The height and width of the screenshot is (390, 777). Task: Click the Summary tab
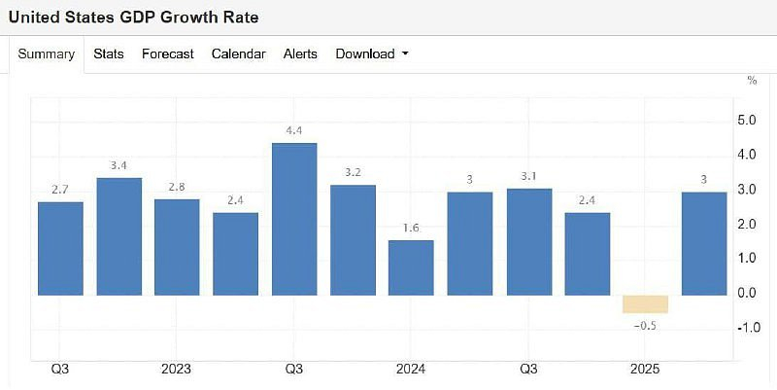coord(47,54)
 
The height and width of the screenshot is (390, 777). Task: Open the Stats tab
coord(109,54)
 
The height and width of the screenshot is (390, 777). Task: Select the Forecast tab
coord(168,54)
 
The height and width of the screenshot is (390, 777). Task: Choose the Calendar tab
coord(238,54)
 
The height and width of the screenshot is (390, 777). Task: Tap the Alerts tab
coord(300,54)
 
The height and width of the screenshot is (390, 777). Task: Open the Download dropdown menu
coord(372,54)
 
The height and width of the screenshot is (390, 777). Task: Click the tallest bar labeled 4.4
coord(294,219)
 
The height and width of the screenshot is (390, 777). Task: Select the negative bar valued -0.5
coord(646,303)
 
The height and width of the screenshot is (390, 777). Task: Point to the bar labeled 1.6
coord(411,267)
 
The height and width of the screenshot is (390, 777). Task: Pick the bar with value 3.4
coord(119,236)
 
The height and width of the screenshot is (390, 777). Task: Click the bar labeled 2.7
coord(60,248)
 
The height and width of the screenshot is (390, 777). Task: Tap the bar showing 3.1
coord(528,241)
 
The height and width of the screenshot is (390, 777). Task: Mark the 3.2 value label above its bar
coord(353,173)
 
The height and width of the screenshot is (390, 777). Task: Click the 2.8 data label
coord(177,187)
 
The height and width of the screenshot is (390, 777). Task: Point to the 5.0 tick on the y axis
coord(747,120)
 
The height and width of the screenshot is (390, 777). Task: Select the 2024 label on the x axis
coord(411,370)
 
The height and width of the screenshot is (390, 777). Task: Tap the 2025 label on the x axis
coord(645,370)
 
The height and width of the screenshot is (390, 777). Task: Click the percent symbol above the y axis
coord(752,81)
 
